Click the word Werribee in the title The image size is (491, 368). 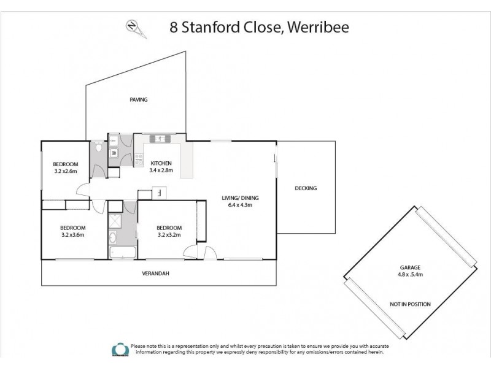pos(317,28)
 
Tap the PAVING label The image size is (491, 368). pos(138,99)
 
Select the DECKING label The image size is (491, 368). pos(305,188)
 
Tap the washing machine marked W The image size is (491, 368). pos(114,153)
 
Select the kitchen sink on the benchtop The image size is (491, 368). pos(160,139)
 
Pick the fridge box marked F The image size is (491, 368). pos(159,193)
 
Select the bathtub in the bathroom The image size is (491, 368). pos(123,253)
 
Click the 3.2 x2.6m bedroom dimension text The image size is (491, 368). pos(64,171)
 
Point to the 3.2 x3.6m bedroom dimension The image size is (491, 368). pos(72,234)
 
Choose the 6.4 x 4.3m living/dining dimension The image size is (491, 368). pos(241,205)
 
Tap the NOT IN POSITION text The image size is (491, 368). pos(410,304)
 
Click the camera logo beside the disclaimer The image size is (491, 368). pos(116,348)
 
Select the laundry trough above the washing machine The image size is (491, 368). pos(114,140)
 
